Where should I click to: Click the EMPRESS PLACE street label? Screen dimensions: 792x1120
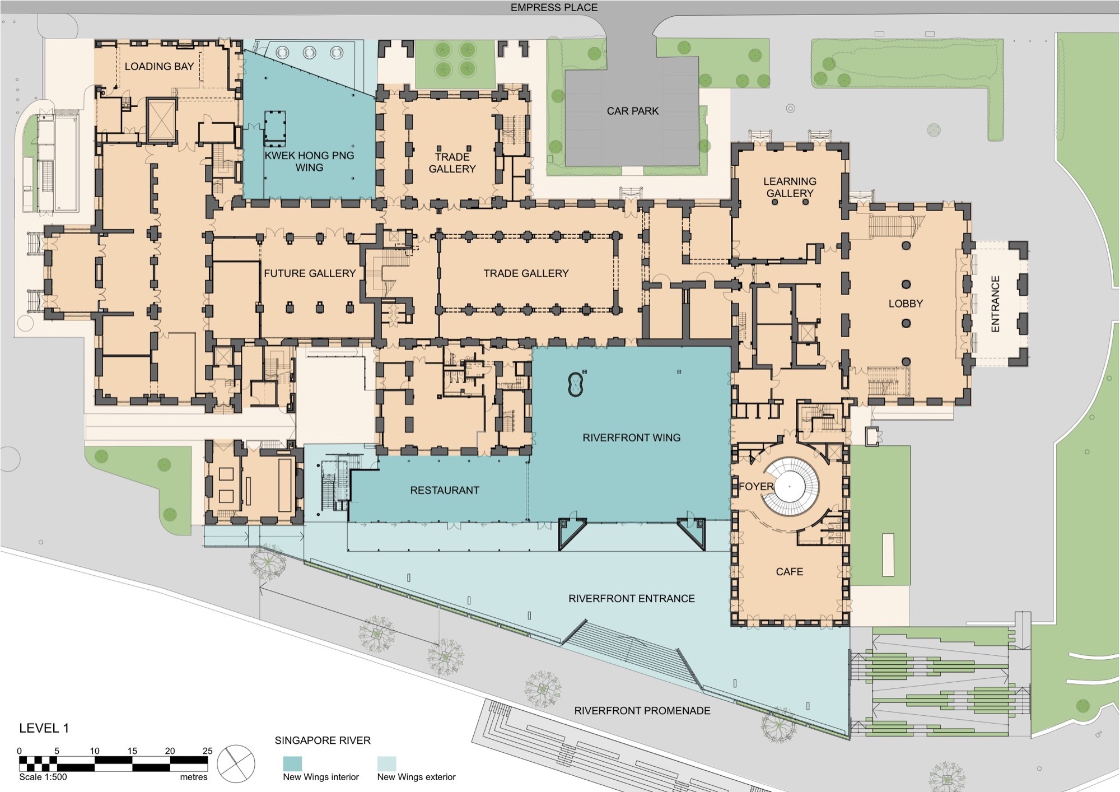point(553,8)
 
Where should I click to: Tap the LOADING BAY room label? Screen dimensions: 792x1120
point(159,67)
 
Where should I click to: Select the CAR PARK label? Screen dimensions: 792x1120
point(632,111)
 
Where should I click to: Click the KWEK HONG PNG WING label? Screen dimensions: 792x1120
point(309,161)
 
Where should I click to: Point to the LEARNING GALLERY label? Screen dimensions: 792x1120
point(790,187)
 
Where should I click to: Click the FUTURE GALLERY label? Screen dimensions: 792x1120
point(310,273)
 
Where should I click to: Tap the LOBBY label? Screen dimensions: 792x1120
point(906,304)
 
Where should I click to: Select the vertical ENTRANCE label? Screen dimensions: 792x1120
point(995,304)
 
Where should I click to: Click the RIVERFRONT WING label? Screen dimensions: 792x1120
point(631,437)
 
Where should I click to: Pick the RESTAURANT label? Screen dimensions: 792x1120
point(445,490)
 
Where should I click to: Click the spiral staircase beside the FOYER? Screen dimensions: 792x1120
point(790,486)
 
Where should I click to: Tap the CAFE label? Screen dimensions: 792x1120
point(789,572)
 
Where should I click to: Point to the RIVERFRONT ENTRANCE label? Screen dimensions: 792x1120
point(631,598)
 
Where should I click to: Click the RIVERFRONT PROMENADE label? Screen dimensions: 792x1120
point(642,710)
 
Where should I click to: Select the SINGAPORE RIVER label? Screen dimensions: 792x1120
point(323,740)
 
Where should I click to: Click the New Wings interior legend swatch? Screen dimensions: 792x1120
point(292,763)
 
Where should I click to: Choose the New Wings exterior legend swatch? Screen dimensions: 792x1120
point(386,763)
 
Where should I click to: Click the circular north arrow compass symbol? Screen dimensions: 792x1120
point(236,763)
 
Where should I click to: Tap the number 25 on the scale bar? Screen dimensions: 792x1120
point(207,751)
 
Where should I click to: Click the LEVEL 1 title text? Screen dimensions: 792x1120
point(44,728)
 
